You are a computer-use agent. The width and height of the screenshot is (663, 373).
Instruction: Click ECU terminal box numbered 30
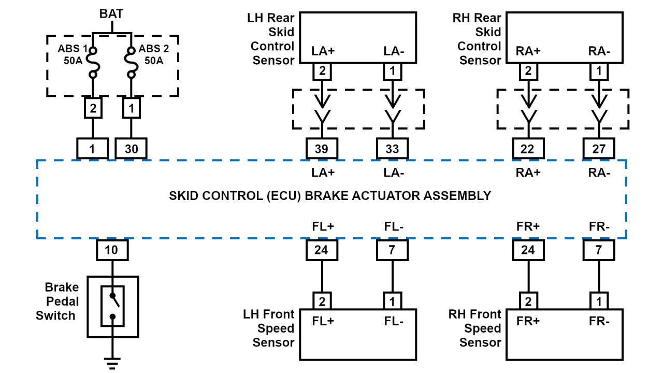[x=131, y=149]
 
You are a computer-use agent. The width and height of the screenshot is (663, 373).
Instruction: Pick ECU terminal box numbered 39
[x=322, y=149]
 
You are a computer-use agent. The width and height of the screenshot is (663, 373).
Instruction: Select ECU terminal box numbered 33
[x=392, y=149]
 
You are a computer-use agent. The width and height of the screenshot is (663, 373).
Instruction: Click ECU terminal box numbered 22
[x=528, y=149]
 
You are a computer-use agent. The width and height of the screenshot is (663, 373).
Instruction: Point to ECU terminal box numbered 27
[x=599, y=149]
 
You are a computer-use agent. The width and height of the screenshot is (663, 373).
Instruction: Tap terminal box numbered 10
[x=112, y=250]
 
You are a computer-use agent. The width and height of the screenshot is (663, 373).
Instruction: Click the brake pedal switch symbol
[x=112, y=306]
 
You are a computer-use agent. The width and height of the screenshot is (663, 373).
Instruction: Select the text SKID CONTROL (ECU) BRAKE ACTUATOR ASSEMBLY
[x=330, y=196]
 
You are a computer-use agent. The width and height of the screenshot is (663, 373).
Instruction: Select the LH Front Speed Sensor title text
[x=269, y=328]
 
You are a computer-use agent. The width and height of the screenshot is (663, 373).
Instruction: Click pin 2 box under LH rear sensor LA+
[x=322, y=71]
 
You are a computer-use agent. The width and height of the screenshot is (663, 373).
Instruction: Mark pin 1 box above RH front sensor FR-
[x=599, y=300]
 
